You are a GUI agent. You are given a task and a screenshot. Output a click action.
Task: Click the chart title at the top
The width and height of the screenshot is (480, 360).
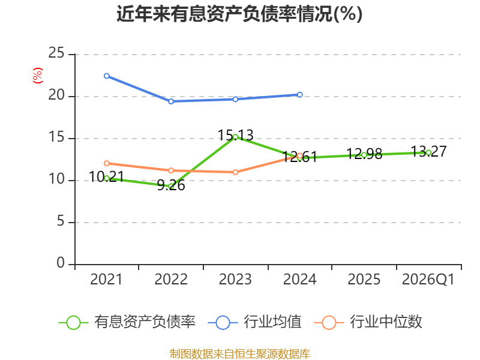[x=239, y=14]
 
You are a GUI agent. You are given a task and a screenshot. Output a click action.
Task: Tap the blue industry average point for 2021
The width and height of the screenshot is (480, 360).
[x=107, y=76]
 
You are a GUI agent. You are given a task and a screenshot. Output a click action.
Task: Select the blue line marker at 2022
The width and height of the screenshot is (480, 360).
[x=171, y=101]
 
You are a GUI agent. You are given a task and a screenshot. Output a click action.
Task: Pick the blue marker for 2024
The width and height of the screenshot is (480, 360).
[x=299, y=95]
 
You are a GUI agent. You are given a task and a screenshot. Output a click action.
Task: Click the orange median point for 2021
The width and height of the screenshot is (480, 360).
[x=107, y=163]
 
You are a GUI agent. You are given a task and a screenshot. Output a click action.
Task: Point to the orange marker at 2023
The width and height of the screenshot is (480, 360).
[x=235, y=172]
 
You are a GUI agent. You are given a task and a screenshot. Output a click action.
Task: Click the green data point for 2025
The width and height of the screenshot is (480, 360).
[x=364, y=155]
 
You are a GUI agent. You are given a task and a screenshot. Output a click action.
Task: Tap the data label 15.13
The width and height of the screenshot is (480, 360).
[x=235, y=135]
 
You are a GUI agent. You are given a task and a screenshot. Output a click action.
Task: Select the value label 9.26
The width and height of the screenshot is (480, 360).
[x=171, y=185]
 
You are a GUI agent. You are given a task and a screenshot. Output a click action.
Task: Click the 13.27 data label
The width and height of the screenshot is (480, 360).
[x=428, y=151]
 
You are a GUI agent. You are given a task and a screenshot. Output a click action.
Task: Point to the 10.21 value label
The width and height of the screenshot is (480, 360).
[x=107, y=176]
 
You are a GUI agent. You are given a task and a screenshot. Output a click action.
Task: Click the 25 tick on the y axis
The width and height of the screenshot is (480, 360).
[x=56, y=53]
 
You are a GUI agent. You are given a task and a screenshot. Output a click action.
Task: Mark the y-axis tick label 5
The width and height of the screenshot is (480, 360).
[x=61, y=221]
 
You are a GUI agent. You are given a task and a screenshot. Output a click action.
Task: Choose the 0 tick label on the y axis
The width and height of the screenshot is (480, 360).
[x=61, y=263]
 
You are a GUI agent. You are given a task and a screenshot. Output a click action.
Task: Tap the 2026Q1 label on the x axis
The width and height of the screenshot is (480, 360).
[x=428, y=280]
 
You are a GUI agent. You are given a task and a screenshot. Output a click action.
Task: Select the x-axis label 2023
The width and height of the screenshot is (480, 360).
[x=235, y=280]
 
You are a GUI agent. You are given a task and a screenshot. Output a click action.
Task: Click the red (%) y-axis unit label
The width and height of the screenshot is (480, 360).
[x=38, y=76]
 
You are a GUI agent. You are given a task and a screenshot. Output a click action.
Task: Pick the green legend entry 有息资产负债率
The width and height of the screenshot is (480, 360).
[x=127, y=322]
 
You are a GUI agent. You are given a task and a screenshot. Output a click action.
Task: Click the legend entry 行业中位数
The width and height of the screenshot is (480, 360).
[x=368, y=322]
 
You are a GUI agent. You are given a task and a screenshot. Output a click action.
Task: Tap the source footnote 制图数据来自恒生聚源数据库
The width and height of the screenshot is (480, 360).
[x=240, y=354]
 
